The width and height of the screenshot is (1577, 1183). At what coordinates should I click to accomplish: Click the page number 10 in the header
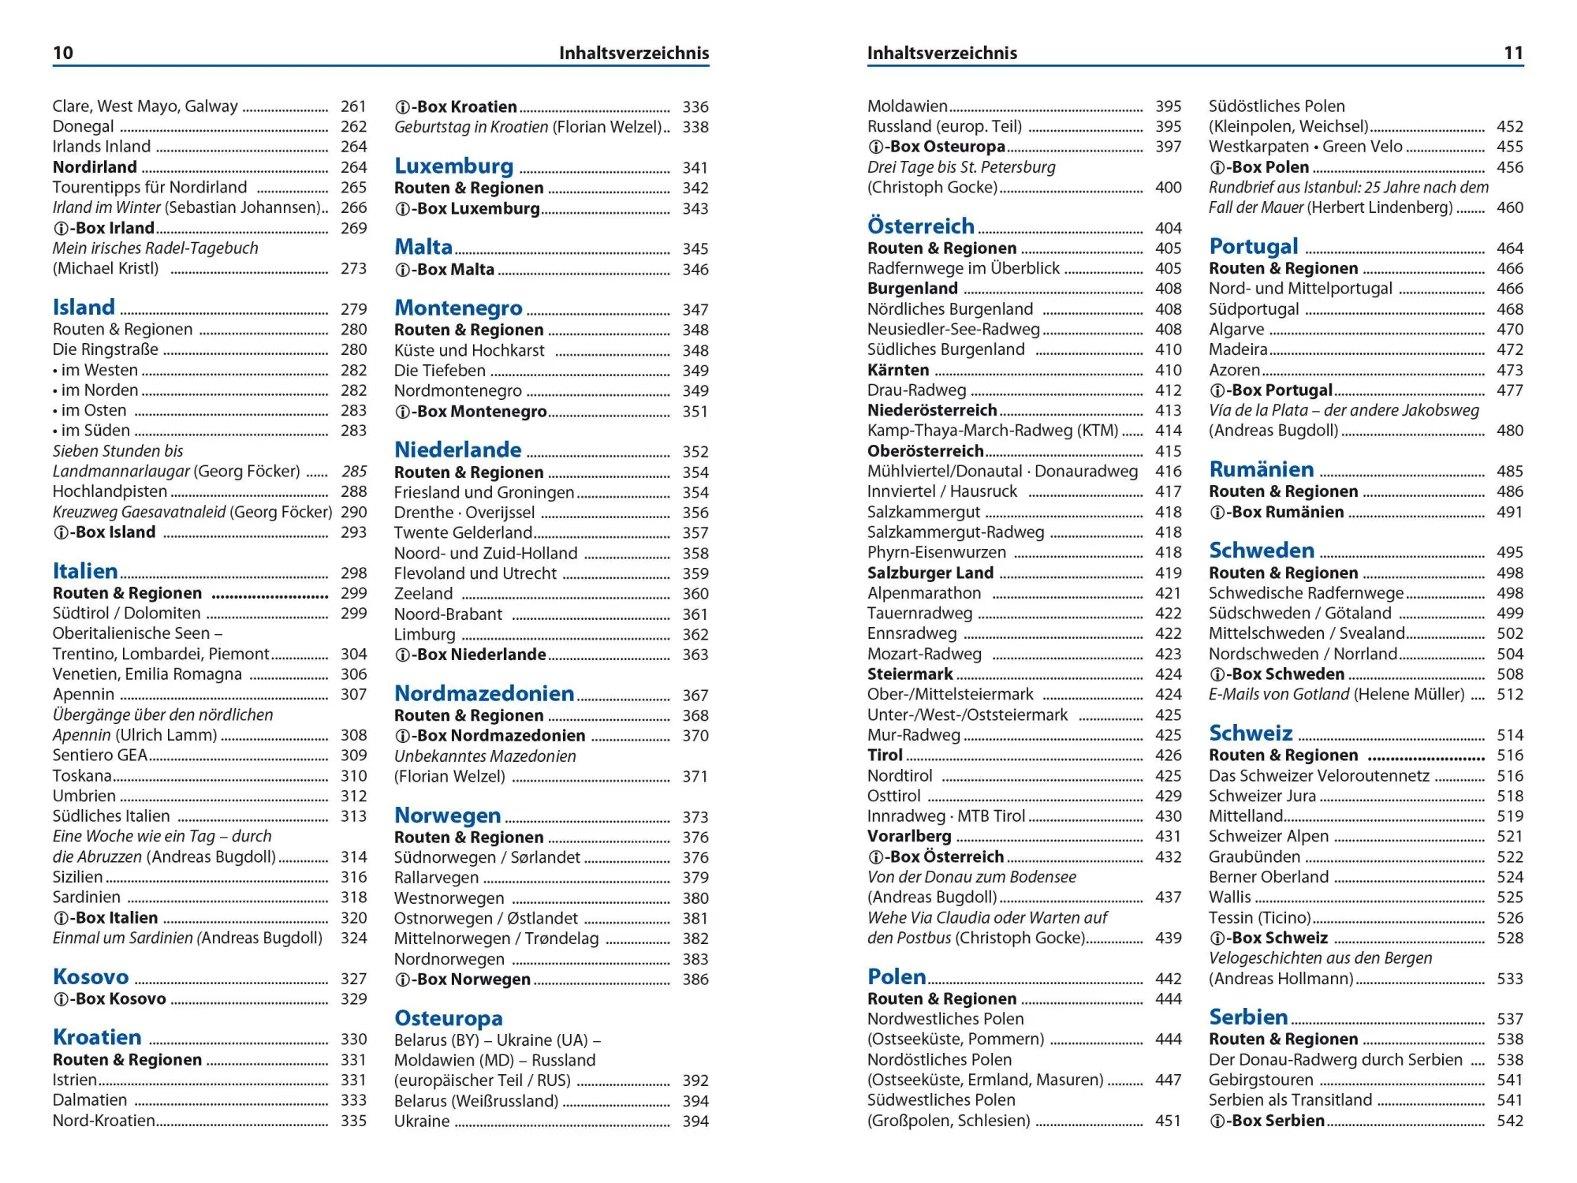[62, 53]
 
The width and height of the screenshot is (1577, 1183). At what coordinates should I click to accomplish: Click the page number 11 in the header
[1513, 53]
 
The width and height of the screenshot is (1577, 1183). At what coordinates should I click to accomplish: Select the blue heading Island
[84, 307]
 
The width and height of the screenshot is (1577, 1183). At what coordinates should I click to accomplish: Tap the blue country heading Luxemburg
[453, 166]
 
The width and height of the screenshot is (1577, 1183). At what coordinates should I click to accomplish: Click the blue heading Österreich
[920, 226]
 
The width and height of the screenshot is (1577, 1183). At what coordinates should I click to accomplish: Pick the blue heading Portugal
[1253, 246]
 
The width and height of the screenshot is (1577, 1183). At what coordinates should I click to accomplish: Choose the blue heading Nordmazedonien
[483, 693]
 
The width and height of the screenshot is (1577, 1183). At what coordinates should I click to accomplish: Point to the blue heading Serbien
[1248, 1017]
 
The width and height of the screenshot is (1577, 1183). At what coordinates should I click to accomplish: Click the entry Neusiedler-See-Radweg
[953, 329]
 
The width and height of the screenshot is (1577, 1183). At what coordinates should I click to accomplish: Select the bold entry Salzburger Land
[930, 573]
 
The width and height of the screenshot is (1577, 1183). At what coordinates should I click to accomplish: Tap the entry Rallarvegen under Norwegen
[436, 877]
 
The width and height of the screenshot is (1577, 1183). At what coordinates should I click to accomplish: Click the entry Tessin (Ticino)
[1259, 917]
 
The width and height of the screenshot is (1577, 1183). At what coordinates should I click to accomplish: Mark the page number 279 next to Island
[353, 308]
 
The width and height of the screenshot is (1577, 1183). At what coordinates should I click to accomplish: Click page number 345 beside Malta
[695, 248]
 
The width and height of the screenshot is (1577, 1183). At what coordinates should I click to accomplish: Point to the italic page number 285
[354, 471]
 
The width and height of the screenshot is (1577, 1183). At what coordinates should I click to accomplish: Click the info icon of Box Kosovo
[60, 999]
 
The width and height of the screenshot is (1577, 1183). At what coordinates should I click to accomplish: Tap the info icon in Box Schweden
[1217, 674]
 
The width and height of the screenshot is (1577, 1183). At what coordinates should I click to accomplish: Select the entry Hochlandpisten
[110, 491]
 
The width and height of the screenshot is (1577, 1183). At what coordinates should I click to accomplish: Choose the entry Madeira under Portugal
[1238, 349]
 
